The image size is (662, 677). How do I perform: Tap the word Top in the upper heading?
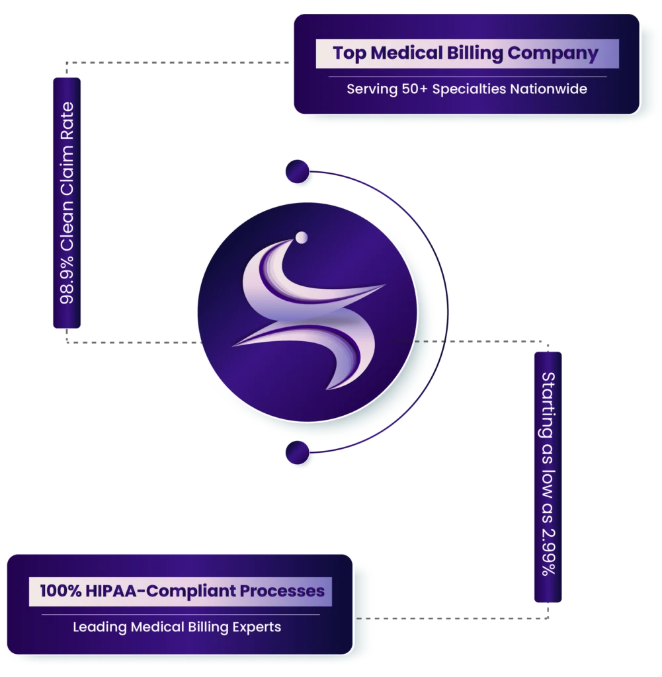pyautogui.click(x=349, y=54)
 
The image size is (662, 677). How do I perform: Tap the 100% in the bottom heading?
pyautogui.click(x=60, y=590)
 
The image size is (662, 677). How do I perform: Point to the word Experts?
pyautogui.click(x=257, y=627)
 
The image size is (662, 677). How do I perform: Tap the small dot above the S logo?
pyautogui.click(x=301, y=237)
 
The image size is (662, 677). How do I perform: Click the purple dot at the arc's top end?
pyautogui.click(x=297, y=172)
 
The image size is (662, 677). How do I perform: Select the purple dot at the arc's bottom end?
pyautogui.click(x=297, y=454)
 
